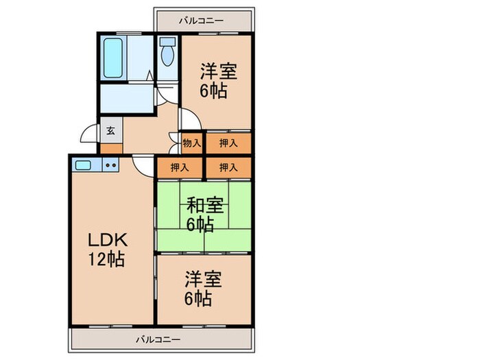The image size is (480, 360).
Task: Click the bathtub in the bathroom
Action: [112, 58]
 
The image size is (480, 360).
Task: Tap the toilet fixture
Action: [167, 52]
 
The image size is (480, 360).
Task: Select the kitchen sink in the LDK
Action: [84, 165]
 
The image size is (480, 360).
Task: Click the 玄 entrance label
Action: [110, 129]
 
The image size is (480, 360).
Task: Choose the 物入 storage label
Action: [192, 143]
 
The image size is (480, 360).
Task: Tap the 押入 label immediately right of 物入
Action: [228, 143]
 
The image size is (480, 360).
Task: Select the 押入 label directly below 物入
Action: [180, 167]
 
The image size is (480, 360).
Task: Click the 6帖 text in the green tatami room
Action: [200, 224]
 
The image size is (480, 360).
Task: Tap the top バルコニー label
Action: [201, 21]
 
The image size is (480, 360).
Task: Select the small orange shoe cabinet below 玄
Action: [110, 147]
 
